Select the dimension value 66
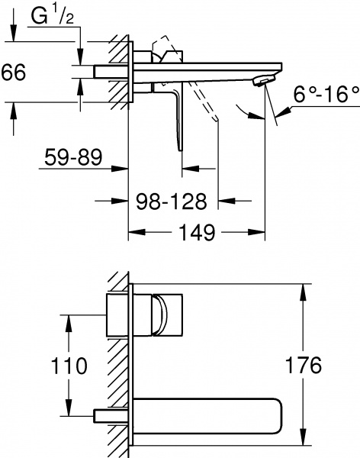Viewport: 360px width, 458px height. coord(14,73)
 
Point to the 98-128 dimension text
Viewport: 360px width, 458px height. coord(172,202)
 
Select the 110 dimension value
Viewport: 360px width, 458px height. coord(66,366)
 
